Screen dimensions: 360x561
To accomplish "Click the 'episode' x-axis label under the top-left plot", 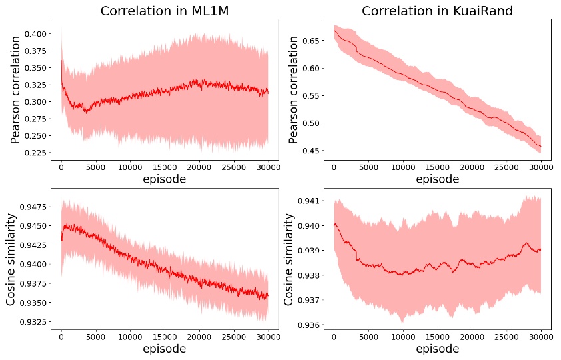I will tap(165, 179).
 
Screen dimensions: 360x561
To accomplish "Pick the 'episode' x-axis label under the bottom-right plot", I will tap(438, 349).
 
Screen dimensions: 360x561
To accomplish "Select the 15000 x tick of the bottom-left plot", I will tap(165, 337).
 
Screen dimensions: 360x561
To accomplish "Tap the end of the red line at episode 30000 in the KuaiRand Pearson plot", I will tap(540, 146).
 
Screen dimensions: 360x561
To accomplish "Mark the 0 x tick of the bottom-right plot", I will tap(334, 337).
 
